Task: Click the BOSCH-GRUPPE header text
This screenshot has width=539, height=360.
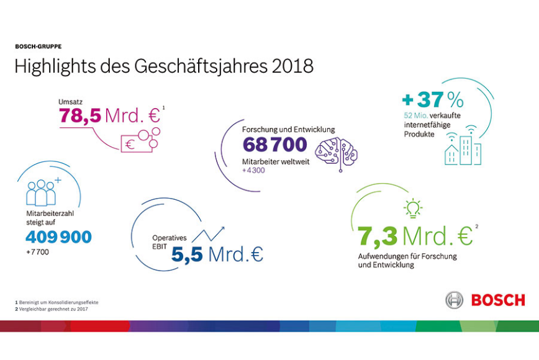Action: [38, 46]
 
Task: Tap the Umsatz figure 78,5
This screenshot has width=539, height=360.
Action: [80, 115]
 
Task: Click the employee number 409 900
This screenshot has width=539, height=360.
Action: [58, 236]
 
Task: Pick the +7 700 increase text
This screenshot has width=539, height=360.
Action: [37, 252]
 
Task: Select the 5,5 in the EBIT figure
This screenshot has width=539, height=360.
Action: [188, 254]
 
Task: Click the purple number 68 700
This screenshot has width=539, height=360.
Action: [274, 145]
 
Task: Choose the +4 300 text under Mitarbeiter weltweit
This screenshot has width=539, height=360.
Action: [254, 170]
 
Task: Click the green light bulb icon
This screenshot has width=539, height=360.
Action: [413, 208]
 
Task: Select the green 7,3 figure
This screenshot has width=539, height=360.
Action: [377, 236]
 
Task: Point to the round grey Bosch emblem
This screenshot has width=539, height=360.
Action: [455, 300]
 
